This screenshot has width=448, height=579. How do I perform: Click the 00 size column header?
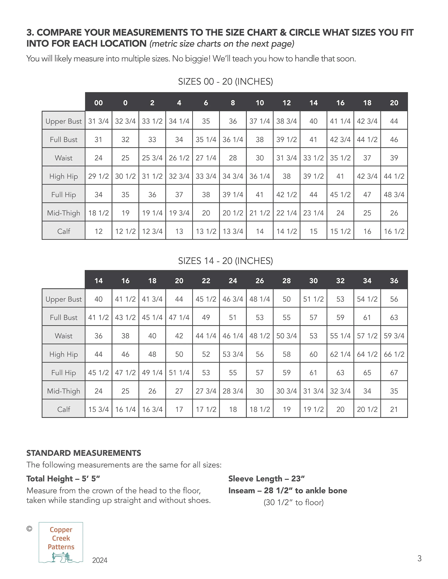point(98,103)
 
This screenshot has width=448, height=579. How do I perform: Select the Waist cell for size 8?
point(233,158)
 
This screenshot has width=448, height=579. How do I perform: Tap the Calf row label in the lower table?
point(64,409)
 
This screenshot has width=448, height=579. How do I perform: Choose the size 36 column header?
point(394,281)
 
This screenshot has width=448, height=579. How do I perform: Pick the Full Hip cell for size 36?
point(394,373)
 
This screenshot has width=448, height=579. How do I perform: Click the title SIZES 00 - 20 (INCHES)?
point(225,82)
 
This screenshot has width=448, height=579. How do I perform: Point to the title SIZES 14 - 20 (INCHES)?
point(225,261)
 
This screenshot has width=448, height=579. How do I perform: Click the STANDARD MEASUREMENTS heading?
point(84,453)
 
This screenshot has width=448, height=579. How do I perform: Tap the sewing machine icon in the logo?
point(61,557)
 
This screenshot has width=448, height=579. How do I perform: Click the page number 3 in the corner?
point(419,559)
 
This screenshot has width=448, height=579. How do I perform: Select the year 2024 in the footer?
point(100,560)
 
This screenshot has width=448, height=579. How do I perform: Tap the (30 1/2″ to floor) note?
point(294,502)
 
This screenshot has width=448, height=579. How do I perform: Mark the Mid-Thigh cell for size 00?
point(98,213)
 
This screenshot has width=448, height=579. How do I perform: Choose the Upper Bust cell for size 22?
point(206,299)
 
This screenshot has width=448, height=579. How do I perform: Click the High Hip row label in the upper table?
point(64,176)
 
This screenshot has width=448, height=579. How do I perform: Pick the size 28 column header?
point(287,281)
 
